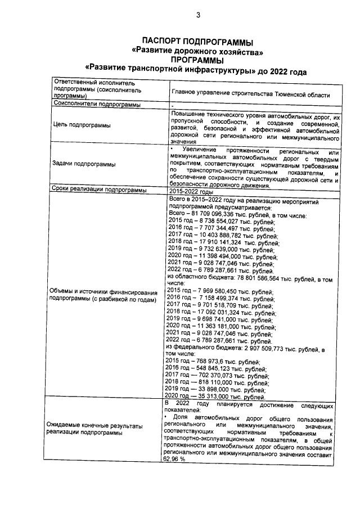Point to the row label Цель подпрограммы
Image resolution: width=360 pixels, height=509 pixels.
(82, 126)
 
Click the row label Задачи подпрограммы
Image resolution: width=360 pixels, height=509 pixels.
(84, 164)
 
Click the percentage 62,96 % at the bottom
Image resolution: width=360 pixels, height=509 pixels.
(174, 459)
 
